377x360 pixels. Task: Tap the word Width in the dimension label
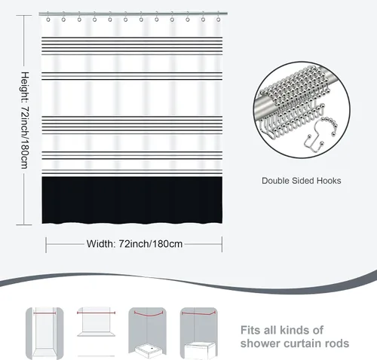coord(100,244)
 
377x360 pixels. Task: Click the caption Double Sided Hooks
coord(302,181)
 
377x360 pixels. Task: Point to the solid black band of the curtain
coord(132,200)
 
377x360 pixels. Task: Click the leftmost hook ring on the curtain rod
coord(48,20)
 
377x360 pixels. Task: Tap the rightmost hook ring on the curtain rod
coord(219,20)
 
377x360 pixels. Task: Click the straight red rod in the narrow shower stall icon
coord(44,313)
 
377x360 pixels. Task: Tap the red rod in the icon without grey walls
coord(96,313)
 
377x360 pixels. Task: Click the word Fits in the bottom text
coord(250,330)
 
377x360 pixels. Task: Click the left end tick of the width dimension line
coord(46,245)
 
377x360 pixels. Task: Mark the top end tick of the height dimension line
coord(24,16)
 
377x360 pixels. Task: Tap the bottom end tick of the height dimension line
coord(24,224)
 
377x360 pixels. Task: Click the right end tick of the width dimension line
coord(222,244)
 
